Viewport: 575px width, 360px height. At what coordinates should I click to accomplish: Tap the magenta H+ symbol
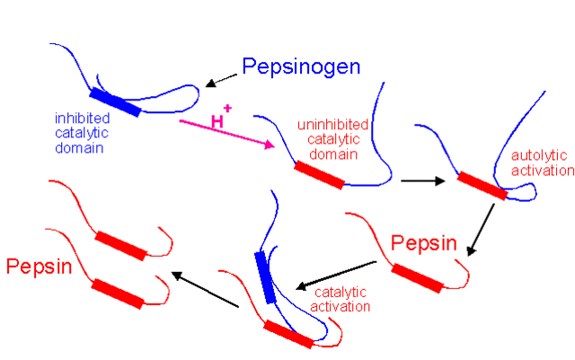click(x=221, y=119)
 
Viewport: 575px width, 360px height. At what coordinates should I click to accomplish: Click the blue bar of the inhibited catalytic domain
click(x=115, y=102)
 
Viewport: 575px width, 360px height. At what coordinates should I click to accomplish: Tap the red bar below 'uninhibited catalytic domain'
click(x=319, y=176)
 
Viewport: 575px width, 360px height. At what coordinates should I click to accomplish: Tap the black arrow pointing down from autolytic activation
click(x=483, y=229)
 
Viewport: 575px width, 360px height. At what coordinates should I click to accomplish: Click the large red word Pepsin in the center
click(x=424, y=243)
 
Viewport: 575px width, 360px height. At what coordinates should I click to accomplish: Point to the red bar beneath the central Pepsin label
click(x=418, y=278)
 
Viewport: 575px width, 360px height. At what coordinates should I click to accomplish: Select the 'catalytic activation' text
click(x=341, y=299)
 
